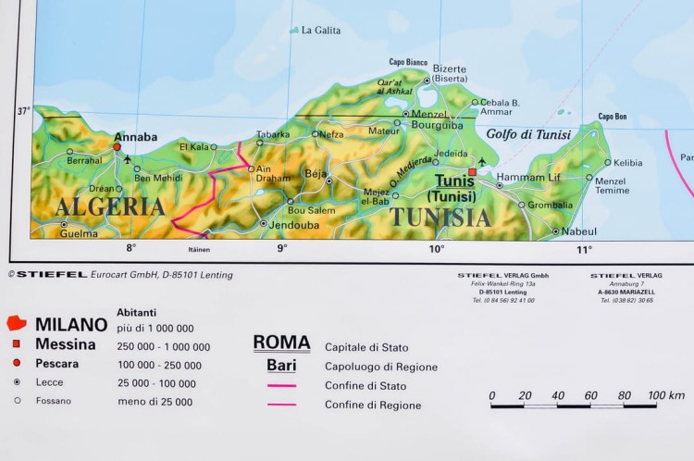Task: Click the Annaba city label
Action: (x=135, y=136)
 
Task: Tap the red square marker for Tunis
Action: (x=472, y=172)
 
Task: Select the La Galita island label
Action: (x=320, y=31)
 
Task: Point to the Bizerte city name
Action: (x=450, y=68)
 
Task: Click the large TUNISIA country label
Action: (x=440, y=218)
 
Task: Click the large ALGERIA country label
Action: (x=109, y=206)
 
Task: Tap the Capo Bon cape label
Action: (x=613, y=117)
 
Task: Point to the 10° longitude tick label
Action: (x=436, y=248)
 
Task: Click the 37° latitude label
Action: (x=23, y=111)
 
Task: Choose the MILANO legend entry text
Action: (x=71, y=324)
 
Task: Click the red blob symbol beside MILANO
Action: (x=16, y=324)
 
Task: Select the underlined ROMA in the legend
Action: (x=281, y=343)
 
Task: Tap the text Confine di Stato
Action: (x=366, y=386)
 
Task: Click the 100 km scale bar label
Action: (x=665, y=395)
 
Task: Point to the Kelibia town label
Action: (x=628, y=163)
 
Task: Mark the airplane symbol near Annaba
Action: (x=127, y=159)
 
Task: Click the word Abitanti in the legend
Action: (x=137, y=312)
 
